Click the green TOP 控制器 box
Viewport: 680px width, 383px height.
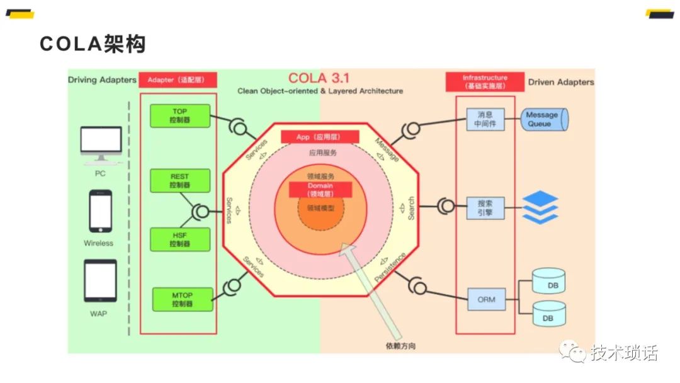pos(180,115)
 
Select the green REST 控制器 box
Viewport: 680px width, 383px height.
pos(180,181)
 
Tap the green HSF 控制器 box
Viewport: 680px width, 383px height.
pos(180,239)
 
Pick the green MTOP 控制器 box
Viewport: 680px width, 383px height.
pos(181,299)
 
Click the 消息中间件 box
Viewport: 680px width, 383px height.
pos(485,119)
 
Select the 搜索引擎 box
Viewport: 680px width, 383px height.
pos(485,208)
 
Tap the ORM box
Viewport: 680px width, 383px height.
pos(486,300)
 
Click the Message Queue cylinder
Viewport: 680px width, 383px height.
pos(543,119)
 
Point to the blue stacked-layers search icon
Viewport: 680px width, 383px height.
pos(540,207)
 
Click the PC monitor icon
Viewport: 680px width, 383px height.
pos(101,146)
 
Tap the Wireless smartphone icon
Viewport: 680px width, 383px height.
pos(100,212)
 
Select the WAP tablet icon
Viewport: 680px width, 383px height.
pos(100,281)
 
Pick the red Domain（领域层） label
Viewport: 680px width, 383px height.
pos(320,190)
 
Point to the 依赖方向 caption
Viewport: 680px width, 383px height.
pos(400,346)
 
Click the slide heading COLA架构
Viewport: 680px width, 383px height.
pos(93,44)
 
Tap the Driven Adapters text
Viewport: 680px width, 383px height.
pos(560,82)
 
